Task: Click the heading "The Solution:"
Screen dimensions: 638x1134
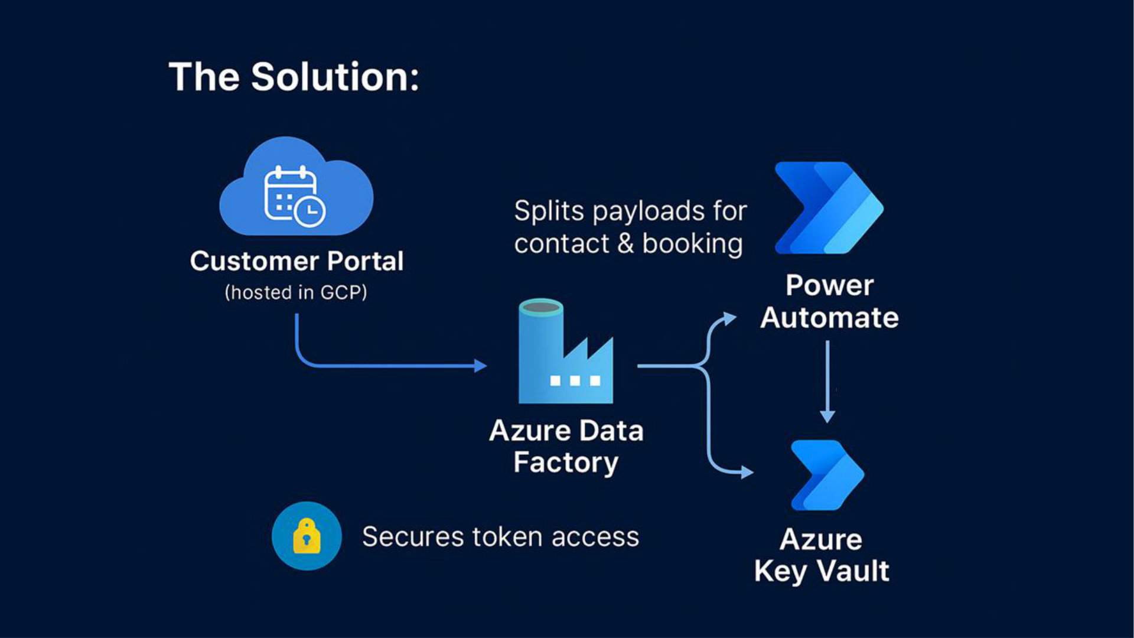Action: click(x=294, y=77)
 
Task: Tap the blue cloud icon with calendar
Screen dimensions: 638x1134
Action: click(x=295, y=188)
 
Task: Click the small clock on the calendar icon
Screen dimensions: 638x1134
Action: click(x=310, y=211)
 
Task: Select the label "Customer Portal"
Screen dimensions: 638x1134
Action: click(x=296, y=261)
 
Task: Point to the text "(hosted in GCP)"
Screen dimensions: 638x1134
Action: click(x=296, y=292)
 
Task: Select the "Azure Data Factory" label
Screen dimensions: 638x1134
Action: click(x=566, y=446)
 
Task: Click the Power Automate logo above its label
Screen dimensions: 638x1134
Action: click(x=829, y=208)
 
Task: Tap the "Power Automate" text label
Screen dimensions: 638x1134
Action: click(x=829, y=301)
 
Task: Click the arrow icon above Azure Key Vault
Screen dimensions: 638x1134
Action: click(x=827, y=475)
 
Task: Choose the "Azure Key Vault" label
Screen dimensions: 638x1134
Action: click(x=822, y=555)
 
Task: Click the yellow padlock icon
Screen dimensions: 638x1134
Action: click(x=307, y=536)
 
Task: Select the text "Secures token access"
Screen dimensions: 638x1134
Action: click(x=500, y=537)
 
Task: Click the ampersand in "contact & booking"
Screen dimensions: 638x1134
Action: click(x=625, y=243)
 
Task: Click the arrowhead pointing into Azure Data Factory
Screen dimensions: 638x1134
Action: click(x=481, y=366)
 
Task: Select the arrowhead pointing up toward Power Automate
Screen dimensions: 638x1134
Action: click(x=731, y=319)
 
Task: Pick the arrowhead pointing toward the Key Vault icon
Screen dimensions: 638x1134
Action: click(x=747, y=472)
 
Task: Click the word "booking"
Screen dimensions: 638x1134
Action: click(x=692, y=244)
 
